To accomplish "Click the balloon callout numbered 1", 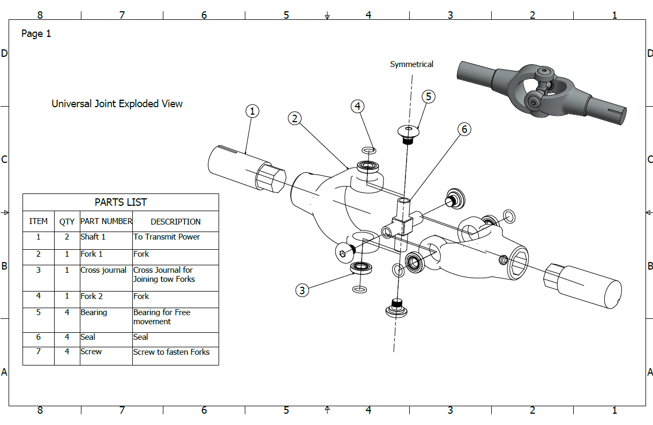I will pyautogui.click(x=252, y=111).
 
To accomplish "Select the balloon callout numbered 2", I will pyautogui.click(x=294, y=118).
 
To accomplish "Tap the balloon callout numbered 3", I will pyautogui.click(x=303, y=290).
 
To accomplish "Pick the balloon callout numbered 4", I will pyautogui.click(x=358, y=106).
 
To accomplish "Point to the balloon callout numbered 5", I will pyautogui.click(x=428, y=96).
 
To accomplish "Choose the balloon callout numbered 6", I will pyautogui.click(x=464, y=129).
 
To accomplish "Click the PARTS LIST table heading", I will pyautogui.click(x=121, y=202).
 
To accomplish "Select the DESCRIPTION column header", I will pyautogui.click(x=175, y=221).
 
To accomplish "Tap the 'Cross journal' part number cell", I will pyautogui.click(x=104, y=270).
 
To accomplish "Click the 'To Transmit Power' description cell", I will pyautogui.click(x=167, y=237).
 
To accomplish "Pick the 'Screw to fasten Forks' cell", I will pyautogui.click(x=171, y=352).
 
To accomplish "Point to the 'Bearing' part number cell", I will pyautogui.click(x=94, y=312).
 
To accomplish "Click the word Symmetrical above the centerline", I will pyautogui.click(x=411, y=64).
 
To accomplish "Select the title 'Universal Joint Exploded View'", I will pyautogui.click(x=117, y=103).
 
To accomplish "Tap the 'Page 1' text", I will pyautogui.click(x=36, y=34).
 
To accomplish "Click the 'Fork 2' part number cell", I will pyautogui.click(x=92, y=296).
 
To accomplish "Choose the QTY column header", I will pyautogui.click(x=67, y=221).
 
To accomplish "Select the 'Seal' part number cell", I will pyautogui.click(x=88, y=337).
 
